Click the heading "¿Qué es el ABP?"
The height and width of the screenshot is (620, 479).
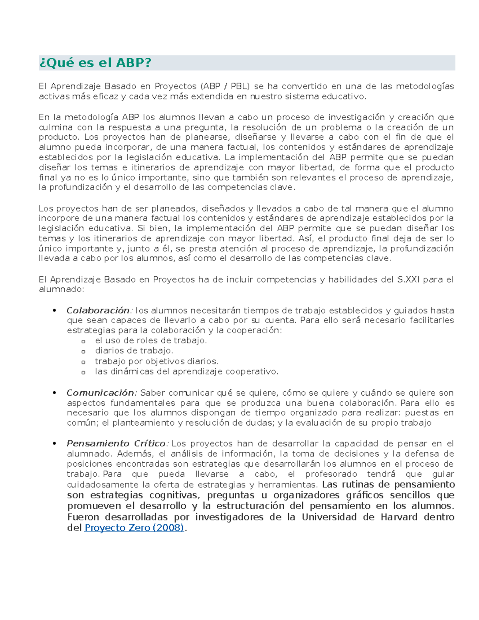95,63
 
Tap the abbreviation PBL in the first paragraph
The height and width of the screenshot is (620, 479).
239,86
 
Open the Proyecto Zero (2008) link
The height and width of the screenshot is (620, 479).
135,528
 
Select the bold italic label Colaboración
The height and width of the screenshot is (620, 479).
98,311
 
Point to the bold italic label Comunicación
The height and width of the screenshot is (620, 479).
101,393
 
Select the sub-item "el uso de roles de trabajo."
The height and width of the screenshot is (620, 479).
150,341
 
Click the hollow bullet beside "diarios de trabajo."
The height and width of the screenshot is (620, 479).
83,352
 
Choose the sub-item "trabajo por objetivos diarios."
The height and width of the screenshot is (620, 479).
156,361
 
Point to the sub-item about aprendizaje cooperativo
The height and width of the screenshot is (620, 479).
186,371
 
